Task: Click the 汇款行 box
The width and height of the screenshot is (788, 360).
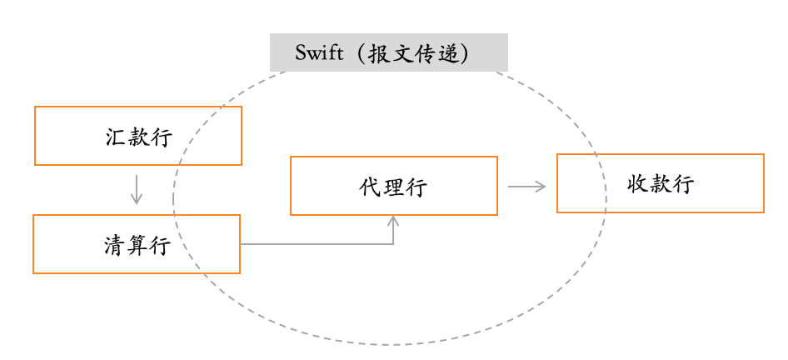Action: pyautogui.click(x=138, y=136)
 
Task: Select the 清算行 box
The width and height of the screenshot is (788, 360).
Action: pyautogui.click(x=137, y=244)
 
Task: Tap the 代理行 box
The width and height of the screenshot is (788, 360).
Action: pyautogui.click(x=393, y=186)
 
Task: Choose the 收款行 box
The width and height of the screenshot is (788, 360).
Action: pyautogui.click(x=660, y=183)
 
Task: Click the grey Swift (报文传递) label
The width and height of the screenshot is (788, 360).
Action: pyautogui.click(x=388, y=52)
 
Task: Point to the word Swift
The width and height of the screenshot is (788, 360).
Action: pyautogui.click(x=319, y=53)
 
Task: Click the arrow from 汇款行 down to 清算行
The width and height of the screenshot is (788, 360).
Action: pyautogui.click(x=137, y=188)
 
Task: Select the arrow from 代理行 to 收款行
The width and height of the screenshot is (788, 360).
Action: pyautogui.click(x=526, y=187)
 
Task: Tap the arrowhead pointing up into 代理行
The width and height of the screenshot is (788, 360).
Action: pyautogui.click(x=393, y=220)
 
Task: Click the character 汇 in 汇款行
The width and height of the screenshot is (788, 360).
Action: pyautogui.click(x=117, y=137)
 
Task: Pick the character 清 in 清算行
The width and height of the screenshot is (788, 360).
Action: pyautogui.click(x=115, y=245)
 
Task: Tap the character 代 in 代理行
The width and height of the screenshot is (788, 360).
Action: pyautogui.click(x=371, y=187)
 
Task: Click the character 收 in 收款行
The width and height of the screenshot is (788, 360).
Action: pyautogui.click(x=638, y=184)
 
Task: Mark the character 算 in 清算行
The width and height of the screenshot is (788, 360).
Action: pyautogui.click(x=137, y=245)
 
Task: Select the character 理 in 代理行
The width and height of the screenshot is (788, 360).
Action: pyautogui.click(x=393, y=187)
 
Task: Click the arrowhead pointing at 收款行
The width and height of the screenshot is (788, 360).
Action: pyautogui.click(x=541, y=187)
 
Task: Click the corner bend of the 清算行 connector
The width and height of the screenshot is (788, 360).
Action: pyautogui.click(x=393, y=244)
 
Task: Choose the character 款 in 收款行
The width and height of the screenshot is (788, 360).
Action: pyautogui.click(x=660, y=184)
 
